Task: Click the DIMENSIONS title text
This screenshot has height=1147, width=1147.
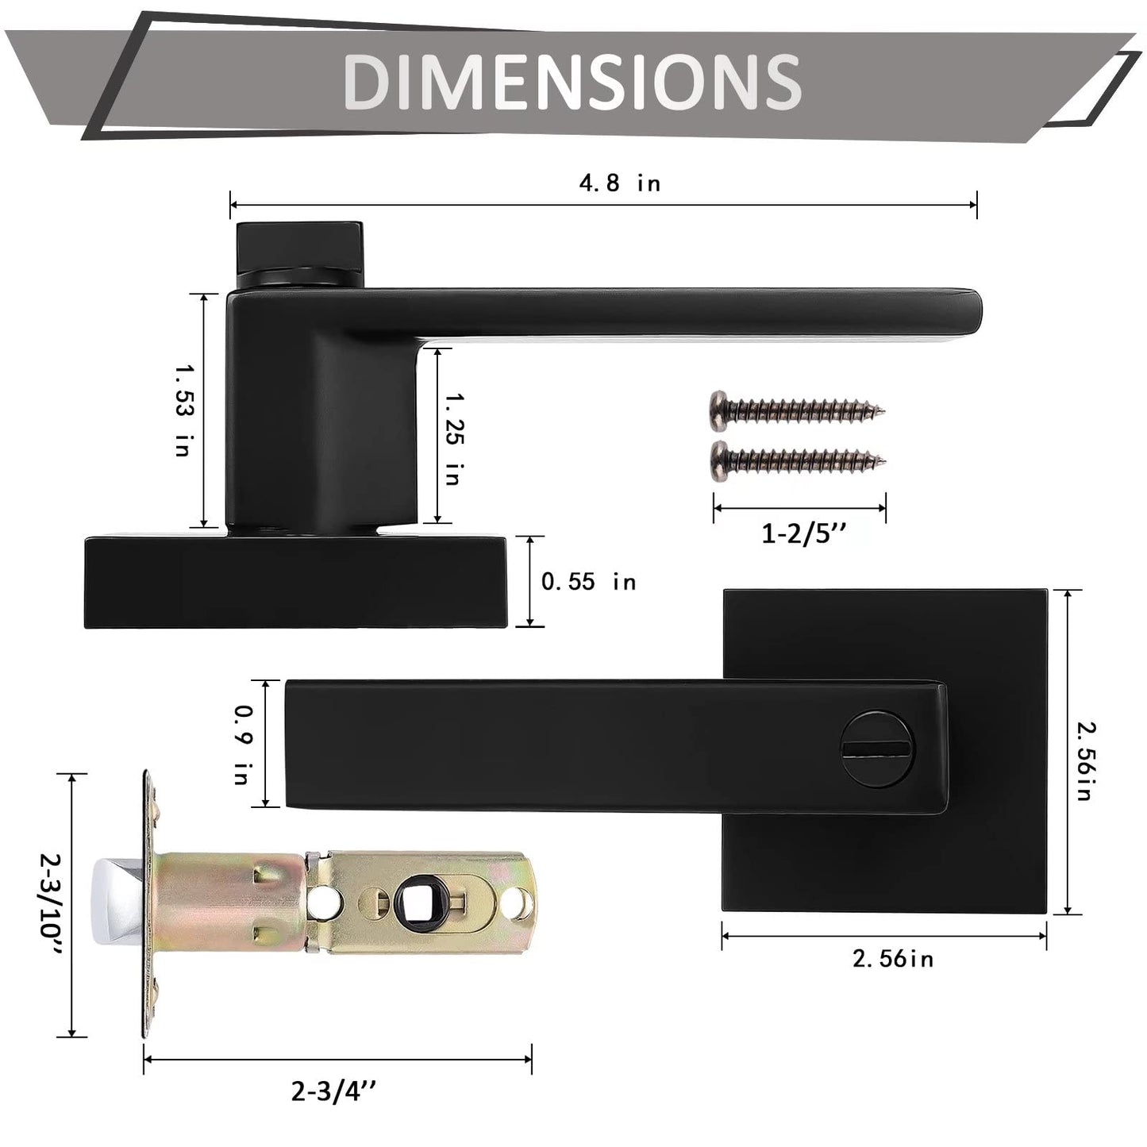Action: tap(572, 81)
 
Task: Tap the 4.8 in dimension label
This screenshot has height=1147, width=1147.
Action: tap(619, 184)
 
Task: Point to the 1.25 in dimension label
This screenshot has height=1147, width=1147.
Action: tap(453, 438)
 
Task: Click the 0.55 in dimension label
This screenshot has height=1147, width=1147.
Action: tap(588, 582)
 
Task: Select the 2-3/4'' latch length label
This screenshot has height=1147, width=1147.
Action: tap(333, 1093)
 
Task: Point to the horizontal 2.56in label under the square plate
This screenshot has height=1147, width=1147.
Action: tap(892, 959)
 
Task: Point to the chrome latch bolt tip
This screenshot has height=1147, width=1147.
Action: tap(116, 902)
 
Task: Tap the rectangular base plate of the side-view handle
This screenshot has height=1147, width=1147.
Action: tap(294, 583)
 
